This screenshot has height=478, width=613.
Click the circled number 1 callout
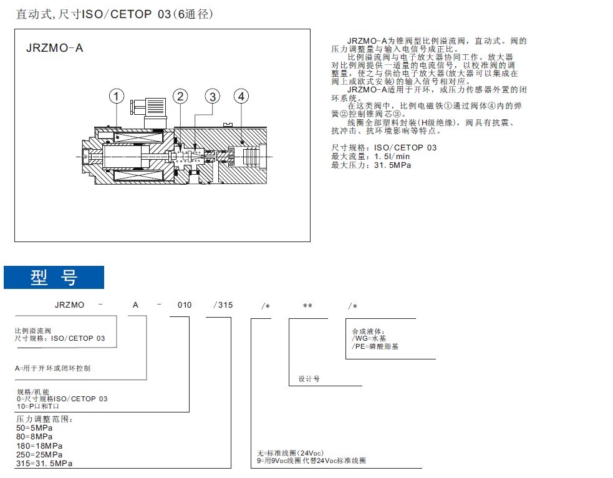[x=117, y=96]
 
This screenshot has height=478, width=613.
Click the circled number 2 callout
[x=180, y=96]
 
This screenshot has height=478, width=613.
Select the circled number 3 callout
[x=213, y=97]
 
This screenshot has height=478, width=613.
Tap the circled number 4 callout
[x=241, y=96]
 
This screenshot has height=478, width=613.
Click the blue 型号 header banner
[x=54, y=278]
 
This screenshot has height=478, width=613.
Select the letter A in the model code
[x=134, y=305]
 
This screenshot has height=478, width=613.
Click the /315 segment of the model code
[x=223, y=305]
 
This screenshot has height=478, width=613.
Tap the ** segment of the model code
[x=307, y=306]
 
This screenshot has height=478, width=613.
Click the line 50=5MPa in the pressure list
[x=34, y=428]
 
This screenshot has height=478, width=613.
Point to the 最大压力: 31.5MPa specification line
[x=371, y=165]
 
